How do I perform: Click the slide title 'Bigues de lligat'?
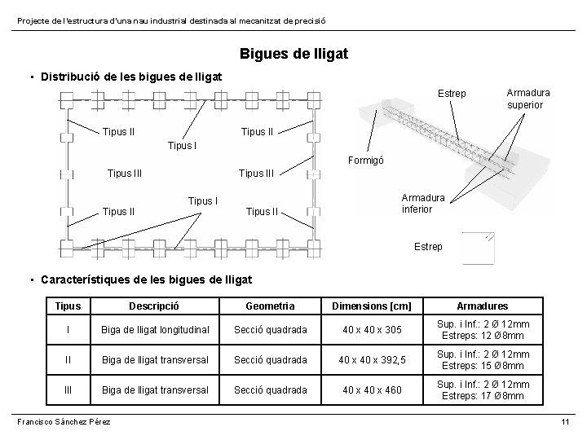[293, 54]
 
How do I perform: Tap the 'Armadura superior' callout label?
[527, 99]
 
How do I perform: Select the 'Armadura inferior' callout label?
[422, 204]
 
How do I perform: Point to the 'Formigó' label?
[366, 161]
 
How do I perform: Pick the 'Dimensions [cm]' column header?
[371, 306]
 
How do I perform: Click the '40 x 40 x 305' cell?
[371, 330]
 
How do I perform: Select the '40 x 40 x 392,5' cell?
[371, 360]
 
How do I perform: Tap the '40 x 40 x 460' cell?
[371, 390]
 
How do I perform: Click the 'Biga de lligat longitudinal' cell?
[155, 330]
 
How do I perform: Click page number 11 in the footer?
[564, 420]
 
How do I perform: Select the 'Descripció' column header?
[155, 306]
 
